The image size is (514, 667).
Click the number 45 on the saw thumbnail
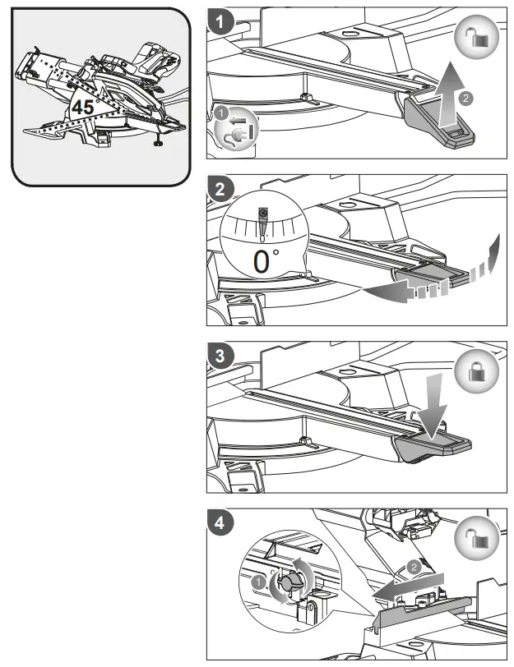coord(83,107)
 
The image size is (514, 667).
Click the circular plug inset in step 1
coord(237,127)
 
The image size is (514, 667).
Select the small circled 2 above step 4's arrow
coord(413,566)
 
